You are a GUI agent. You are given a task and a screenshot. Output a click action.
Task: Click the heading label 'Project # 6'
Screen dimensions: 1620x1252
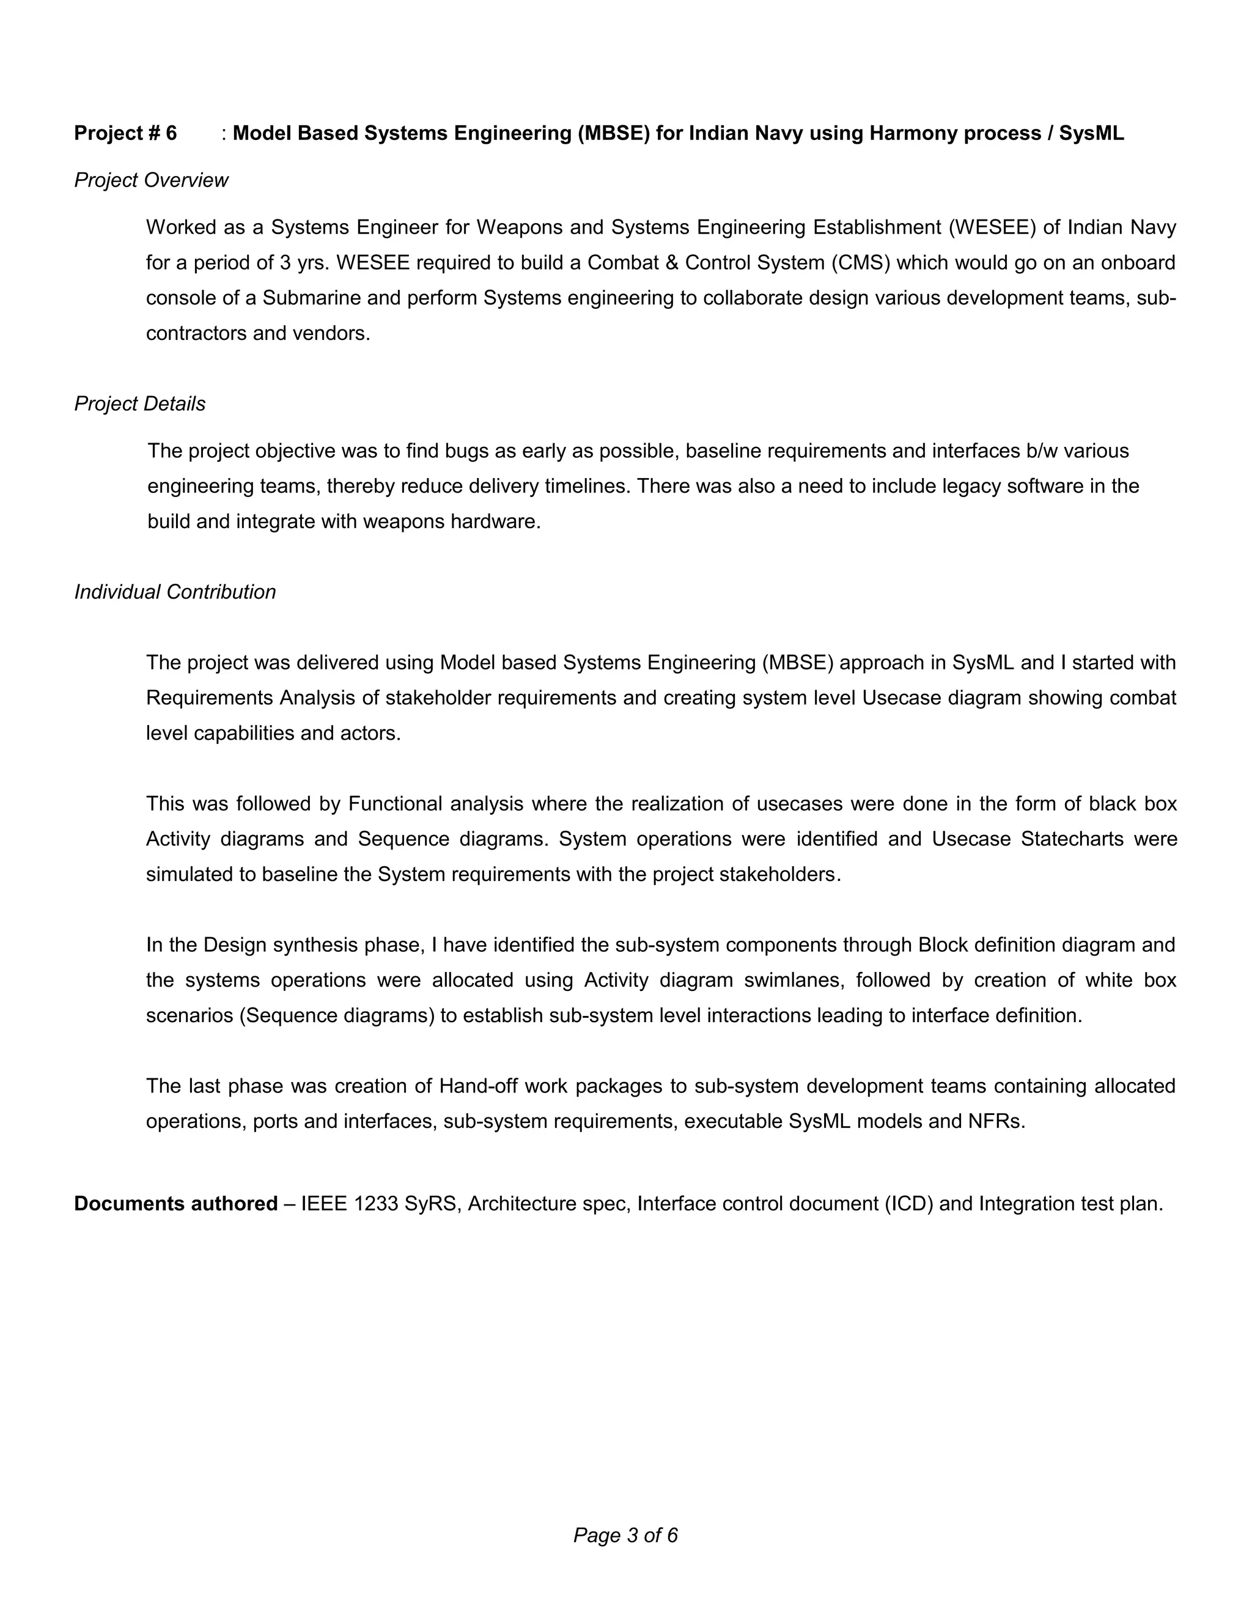125,133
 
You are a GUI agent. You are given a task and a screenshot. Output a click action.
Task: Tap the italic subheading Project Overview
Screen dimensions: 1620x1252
152,180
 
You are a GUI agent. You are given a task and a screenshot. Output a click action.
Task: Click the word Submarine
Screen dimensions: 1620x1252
307,298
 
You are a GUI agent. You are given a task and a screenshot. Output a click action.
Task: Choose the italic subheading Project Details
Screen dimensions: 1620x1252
139,403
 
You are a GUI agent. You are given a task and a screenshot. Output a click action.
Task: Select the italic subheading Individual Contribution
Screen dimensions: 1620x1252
175,591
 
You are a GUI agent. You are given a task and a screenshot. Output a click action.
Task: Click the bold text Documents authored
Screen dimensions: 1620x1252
176,1203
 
